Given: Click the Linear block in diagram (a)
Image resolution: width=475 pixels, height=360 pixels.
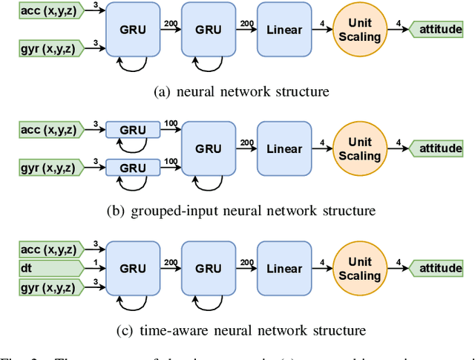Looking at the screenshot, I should (x=285, y=30).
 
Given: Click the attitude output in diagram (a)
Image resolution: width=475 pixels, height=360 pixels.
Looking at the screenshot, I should (x=439, y=30).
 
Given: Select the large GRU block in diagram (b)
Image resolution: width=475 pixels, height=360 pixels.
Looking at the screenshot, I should (x=209, y=148).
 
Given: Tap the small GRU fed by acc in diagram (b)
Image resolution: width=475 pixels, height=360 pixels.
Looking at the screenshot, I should (x=134, y=130).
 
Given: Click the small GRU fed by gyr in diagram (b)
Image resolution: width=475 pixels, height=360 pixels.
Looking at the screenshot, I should (x=134, y=166).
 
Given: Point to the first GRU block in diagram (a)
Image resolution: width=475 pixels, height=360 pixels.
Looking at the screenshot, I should (x=134, y=30).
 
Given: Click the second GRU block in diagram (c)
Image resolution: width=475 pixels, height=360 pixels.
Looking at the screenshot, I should (x=209, y=268).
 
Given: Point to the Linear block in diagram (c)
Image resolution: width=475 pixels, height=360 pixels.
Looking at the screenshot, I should (x=285, y=268).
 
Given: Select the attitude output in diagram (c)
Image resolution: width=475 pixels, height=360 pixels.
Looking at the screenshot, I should (x=439, y=268).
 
